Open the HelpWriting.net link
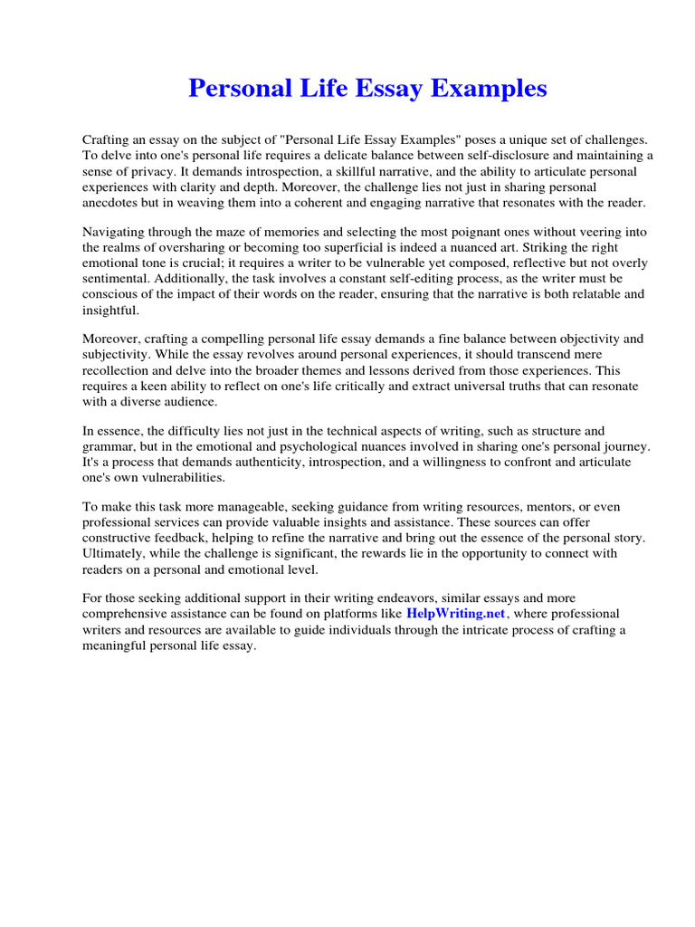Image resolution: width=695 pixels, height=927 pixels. click(455, 614)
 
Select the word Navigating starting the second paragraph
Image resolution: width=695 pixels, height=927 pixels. click(115, 230)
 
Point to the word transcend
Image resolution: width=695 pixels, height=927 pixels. click(511, 355)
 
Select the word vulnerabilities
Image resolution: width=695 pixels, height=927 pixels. click(176, 478)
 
